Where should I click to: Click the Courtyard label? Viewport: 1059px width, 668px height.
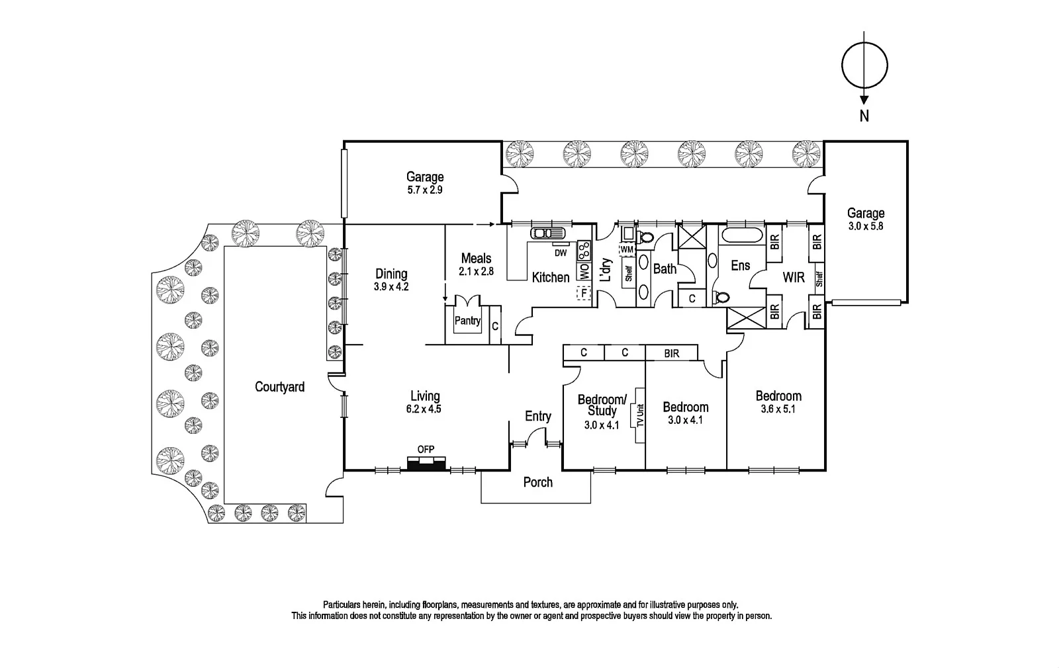point(279,387)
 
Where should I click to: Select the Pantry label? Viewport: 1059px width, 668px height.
point(467,321)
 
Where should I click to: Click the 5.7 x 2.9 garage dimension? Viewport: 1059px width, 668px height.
point(425,190)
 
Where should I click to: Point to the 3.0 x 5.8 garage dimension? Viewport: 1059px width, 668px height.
point(866,226)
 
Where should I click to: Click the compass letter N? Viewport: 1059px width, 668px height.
point(864,116)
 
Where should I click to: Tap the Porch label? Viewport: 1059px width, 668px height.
point(537,482)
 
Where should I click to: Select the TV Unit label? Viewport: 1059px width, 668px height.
point(640,415)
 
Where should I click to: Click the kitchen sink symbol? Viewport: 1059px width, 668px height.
point(547,233)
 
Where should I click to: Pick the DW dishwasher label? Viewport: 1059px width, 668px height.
point(560,253)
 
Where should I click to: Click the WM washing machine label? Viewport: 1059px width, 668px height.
point(626,249)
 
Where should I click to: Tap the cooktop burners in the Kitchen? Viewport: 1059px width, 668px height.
point(584,250)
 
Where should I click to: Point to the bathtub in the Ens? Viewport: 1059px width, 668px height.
point(741,235)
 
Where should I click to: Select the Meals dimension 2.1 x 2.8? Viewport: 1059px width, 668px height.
point(477,271)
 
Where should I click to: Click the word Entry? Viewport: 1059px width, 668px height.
point(537,416)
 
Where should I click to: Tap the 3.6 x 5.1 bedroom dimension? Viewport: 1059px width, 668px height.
point(778,409)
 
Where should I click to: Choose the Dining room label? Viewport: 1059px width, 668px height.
point(391,274)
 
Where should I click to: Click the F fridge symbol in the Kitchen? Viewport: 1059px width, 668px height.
point(584,292)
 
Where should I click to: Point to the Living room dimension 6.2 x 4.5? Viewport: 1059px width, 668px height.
point(425,409)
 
